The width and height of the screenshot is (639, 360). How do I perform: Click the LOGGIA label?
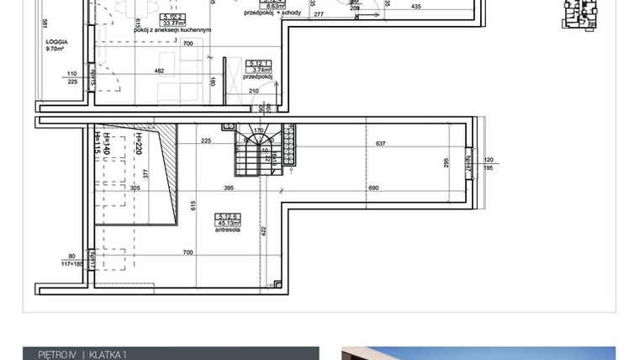57,42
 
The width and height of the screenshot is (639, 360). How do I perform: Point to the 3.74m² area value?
258,71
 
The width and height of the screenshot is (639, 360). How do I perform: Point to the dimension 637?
380,144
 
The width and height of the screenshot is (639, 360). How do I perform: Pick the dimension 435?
415,7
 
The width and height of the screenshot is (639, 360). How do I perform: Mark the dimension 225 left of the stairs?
205,142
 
